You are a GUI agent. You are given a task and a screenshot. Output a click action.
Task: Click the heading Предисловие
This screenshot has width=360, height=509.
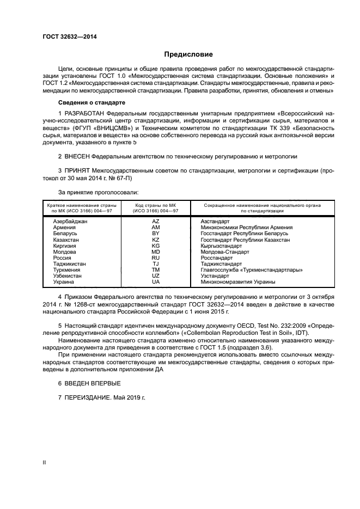(x=188, y=54)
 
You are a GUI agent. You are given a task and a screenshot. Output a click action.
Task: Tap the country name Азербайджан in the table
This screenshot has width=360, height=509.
(x=70, y=222)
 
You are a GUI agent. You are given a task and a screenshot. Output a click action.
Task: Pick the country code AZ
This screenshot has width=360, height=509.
(x=155, y=222)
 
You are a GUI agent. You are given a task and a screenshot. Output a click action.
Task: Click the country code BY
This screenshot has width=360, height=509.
(x=155, y=233)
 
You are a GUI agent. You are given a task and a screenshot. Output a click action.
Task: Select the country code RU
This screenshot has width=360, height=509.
(x=155, y=257)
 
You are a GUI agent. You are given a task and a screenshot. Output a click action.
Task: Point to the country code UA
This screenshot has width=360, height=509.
(x=155, y=281)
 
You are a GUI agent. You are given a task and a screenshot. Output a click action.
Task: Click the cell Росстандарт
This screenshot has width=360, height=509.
(x=216, y=257)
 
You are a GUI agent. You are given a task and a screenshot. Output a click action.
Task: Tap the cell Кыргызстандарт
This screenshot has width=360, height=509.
(x=222, y=246)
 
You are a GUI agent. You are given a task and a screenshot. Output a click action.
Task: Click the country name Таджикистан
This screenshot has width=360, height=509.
(x=70, y=263)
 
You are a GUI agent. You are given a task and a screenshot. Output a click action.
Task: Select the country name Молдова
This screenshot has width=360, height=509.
(x=65, y=252)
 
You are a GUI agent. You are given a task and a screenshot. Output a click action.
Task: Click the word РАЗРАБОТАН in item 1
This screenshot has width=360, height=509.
(x=84, y=113)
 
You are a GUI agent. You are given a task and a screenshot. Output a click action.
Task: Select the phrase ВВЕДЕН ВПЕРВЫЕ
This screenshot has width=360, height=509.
(x=85, y=383)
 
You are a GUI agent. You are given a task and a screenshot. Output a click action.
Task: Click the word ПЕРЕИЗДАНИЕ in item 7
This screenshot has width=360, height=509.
(x=87, y=398)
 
